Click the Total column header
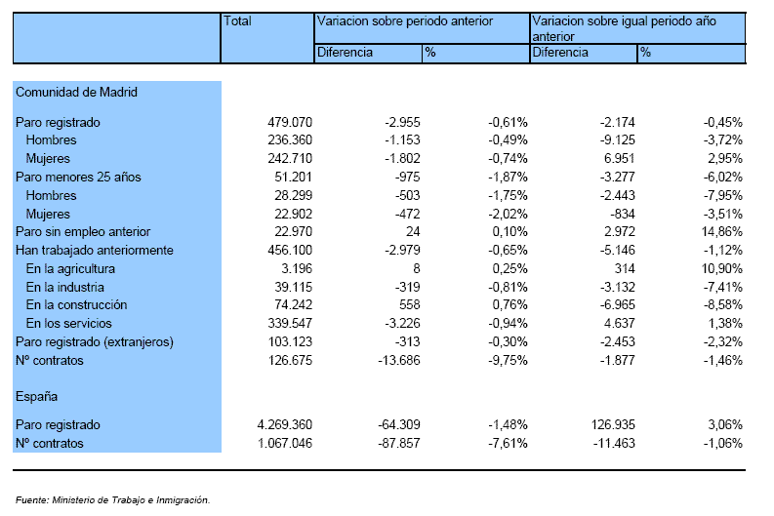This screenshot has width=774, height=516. (237, 21)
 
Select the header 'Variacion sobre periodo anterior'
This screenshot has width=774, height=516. (405, 21)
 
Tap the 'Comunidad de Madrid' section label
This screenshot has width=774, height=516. (76, 93)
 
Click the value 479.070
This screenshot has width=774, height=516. (290, 122)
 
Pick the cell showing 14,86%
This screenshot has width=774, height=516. (721, 232)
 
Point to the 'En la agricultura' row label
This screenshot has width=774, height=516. (70, 269)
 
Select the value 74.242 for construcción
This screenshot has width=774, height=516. (290, 305)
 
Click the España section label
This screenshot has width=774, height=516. (36, 397)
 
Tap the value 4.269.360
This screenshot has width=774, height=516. (285, 424)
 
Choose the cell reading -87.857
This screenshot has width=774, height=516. (399, 444)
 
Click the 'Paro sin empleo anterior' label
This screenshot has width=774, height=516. (83, 232)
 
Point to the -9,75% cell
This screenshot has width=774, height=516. (508, 361)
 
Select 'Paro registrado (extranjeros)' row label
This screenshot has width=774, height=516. (95, 341)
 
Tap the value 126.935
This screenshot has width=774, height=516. (613, 424)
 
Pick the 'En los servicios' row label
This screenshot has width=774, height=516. (69, 324)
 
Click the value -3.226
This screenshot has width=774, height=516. (401, 324)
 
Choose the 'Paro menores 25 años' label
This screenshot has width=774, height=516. (78, 178)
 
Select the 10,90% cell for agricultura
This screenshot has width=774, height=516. (721, 269)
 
